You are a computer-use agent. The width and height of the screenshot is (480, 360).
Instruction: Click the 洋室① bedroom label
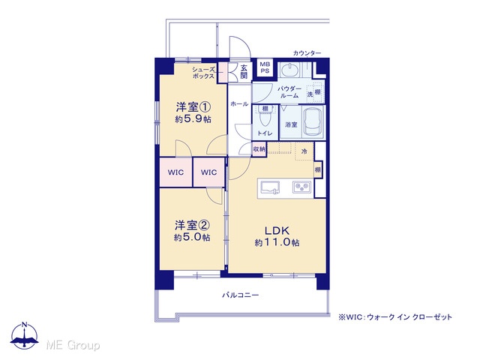193,107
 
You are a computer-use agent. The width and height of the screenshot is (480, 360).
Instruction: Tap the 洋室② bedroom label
192,226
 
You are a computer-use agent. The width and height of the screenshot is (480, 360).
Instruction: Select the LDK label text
277,230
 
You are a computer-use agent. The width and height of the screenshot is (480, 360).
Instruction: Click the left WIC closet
175,172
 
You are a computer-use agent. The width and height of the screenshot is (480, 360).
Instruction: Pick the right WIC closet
208,172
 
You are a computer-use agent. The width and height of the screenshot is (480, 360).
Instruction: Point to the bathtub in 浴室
313,122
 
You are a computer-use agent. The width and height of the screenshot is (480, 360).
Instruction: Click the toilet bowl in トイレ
265,118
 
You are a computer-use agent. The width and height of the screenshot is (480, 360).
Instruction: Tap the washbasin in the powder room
289,70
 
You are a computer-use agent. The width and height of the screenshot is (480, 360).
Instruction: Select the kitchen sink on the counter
270,187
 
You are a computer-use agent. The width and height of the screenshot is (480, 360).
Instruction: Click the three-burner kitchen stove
301,187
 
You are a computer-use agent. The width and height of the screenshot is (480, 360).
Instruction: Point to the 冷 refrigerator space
304,151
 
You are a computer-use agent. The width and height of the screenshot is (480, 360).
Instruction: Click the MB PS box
265,68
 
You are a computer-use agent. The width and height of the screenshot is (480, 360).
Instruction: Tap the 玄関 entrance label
244,71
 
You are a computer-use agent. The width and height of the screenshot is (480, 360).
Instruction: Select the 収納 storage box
259,149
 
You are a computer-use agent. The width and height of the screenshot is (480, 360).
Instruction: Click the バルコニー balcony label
241,295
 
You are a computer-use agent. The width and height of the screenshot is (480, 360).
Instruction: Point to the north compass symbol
25,335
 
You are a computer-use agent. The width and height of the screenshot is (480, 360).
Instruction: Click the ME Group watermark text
73,345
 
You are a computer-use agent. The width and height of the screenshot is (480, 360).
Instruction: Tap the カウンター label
307,53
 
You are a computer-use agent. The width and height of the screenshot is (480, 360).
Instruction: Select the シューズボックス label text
203,73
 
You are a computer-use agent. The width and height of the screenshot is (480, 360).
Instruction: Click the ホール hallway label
239,104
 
